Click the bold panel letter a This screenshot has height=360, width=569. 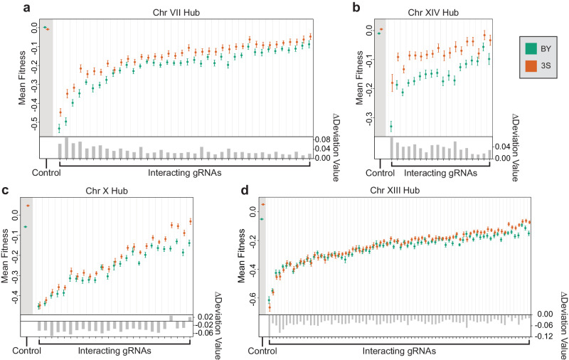click(x=6, y=8)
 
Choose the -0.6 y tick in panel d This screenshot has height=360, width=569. click(x=255, y=292)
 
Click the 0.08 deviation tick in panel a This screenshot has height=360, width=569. click(x=322, y=140)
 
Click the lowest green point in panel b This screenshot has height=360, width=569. click(x=391, y=127)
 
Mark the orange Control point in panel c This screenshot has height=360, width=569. click(x=28, y=206)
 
